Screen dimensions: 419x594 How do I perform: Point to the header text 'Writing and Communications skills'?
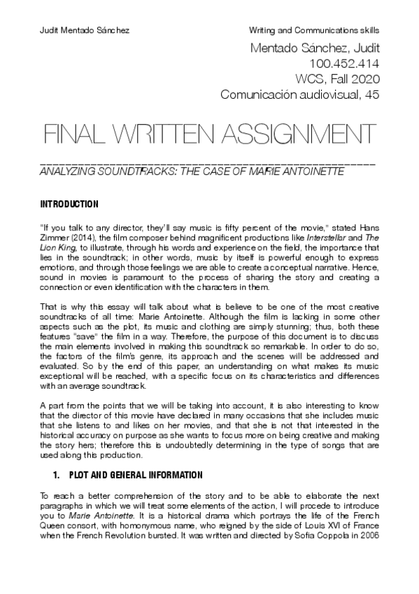tap(314, 32)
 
